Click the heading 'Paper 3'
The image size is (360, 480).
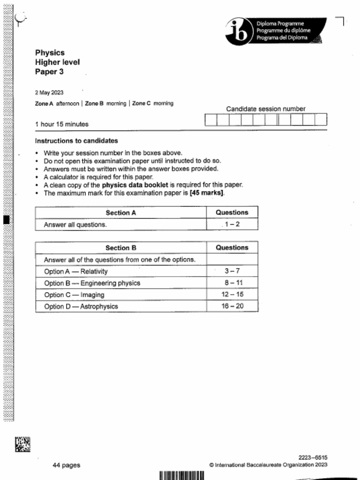coord(49,72)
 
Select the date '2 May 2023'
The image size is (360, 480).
coord(49,93)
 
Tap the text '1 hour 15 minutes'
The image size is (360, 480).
coord(61,124)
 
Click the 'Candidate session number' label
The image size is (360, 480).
coord(265,109)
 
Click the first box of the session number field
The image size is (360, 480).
coord(211,120)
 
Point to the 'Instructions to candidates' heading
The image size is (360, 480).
coord(76,141)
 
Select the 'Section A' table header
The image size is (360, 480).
coord(120,213)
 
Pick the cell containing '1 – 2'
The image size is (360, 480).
coord(232,225)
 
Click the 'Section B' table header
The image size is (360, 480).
coord(120,248)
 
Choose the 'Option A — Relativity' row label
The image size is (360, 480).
coord(75,271)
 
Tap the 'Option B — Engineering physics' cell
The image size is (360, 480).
coord(92,283)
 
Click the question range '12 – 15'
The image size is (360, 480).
coord(232,295)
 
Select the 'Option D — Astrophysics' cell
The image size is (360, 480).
coord(81,307)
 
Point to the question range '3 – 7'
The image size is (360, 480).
coord(232,271)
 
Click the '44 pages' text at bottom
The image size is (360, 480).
coord(66,465)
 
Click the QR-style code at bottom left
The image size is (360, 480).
coord(22,444)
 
